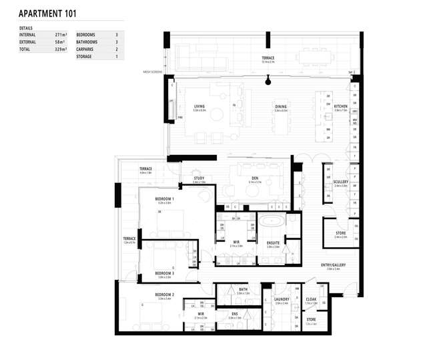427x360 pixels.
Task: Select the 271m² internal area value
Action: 63,33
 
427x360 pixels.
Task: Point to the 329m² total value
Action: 63,49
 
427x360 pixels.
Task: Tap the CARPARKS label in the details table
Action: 87,49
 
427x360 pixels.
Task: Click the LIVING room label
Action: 199,106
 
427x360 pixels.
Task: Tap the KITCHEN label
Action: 340,106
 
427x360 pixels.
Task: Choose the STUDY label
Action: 199,178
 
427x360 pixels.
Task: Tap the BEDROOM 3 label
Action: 165,273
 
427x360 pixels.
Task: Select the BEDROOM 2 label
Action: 165,295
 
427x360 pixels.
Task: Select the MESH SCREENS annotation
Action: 153,72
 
